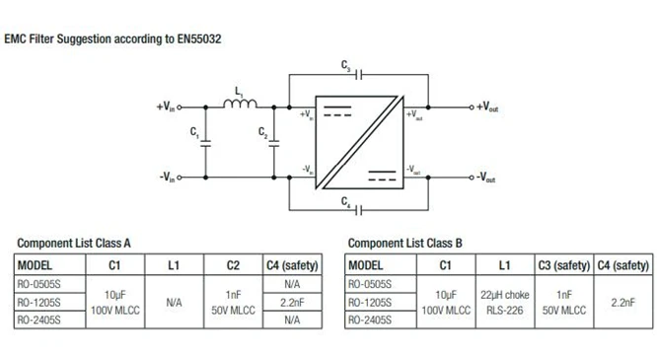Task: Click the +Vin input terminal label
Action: pos(168,106)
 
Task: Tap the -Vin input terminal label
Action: pos(168,178)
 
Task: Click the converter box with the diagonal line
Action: pos(356,141)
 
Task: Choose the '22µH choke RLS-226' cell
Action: pos(505,301)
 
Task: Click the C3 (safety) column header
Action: pos(563,264)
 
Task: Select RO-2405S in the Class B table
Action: pos(372,320)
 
